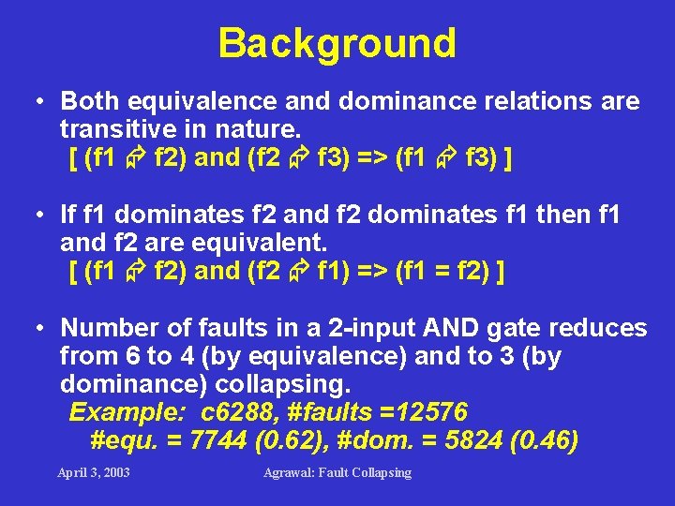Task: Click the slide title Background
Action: (x=337, y=43)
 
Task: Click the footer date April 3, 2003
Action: (x=94, y=472)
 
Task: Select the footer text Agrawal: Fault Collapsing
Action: (x=337, y=472)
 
